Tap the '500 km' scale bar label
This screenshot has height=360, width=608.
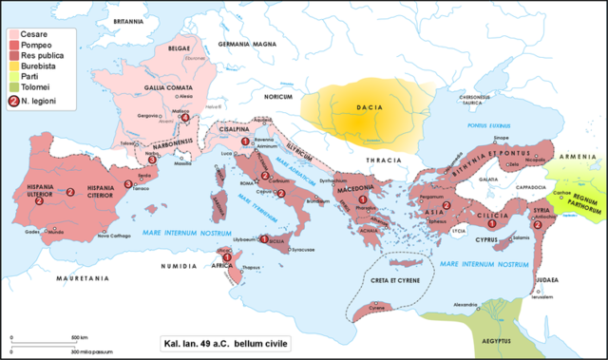click(87, 338)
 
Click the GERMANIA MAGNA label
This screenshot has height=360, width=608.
click(244, 46)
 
